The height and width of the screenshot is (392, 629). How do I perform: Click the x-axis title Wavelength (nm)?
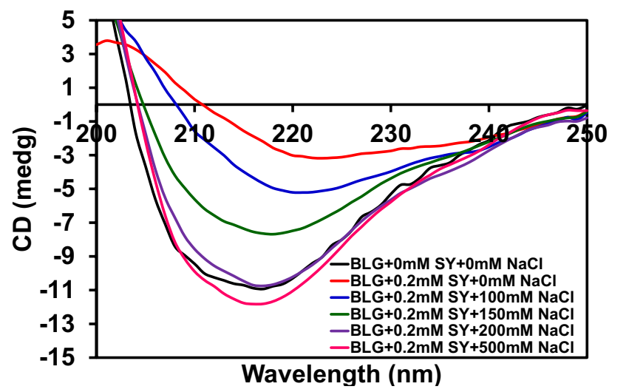point(341,375)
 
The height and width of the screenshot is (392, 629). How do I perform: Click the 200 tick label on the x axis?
point(96,135)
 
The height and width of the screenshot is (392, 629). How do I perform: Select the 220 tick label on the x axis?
point(293,135)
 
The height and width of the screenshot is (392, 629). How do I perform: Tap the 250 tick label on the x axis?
point(587,135)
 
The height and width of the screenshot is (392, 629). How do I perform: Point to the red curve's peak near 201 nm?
point(108,41)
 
